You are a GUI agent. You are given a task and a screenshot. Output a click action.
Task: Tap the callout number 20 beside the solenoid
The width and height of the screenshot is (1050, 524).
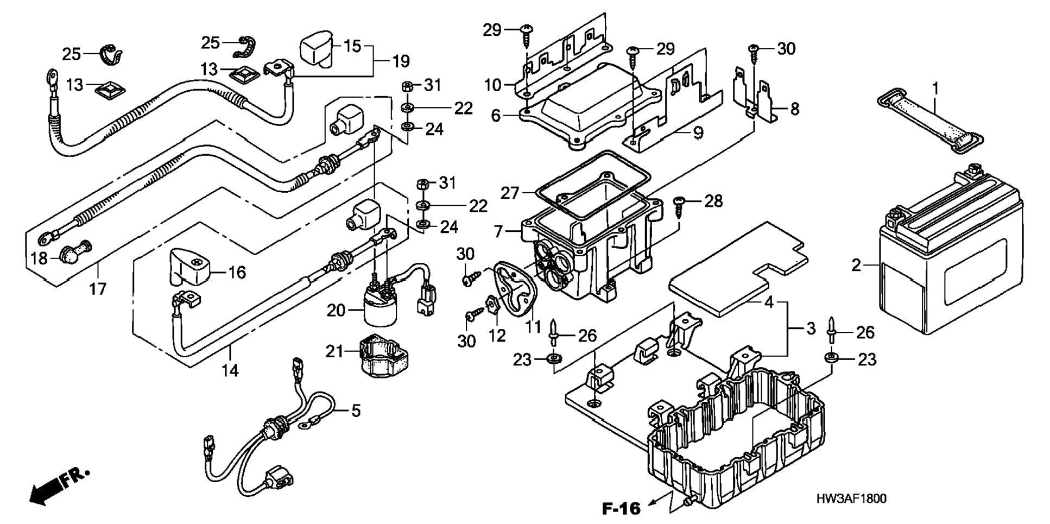(x=336, y=311)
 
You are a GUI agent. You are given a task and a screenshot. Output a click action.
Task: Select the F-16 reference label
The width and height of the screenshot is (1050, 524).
(x=621, y=509)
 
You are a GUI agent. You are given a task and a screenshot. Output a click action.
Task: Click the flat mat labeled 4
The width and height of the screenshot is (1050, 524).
(x=736, y=269)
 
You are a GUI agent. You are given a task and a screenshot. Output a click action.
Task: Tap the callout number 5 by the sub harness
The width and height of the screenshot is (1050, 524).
(x=355, y=411)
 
